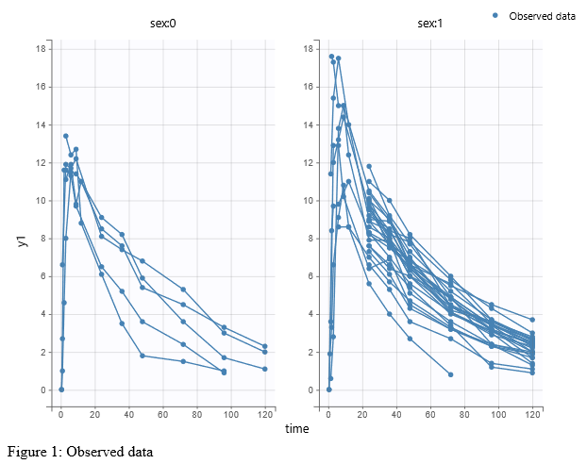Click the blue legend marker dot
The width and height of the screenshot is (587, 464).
(495, 15)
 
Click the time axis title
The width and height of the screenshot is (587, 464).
(297, 429)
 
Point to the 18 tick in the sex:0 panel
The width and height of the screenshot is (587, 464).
(42, 48)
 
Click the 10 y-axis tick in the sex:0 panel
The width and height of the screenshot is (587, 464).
(42, 200)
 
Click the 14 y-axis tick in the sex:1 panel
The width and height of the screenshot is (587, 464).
(310, 124)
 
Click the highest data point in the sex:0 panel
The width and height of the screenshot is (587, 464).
(66, 136)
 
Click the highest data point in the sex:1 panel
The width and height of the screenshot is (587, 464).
(331, 57)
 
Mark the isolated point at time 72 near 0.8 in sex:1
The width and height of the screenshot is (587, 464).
(451, 374)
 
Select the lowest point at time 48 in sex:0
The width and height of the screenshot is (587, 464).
(143, 356)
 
